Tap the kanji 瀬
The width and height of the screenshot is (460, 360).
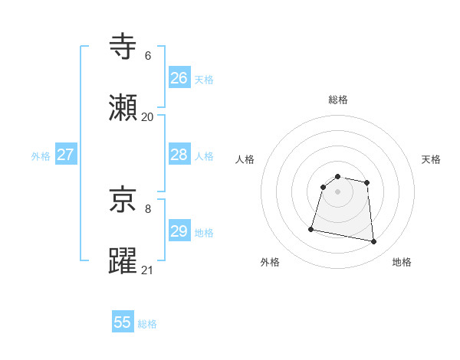pos(123,108)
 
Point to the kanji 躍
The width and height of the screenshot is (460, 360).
pos(123,260)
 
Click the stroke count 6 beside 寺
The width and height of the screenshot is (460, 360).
pos(148,56)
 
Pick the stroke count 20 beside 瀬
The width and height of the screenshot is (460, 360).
pos(147,116)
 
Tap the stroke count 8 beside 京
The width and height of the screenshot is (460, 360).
pos(148,208)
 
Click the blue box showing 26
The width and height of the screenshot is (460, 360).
pos(179,78)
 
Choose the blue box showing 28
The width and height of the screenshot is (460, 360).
pos(179,155)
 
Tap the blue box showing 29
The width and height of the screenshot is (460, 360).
pos(179,231)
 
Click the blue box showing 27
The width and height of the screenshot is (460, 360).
pos(65,155)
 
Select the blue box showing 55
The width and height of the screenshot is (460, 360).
pos(123,322)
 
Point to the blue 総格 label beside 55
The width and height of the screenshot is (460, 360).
pos(147,324)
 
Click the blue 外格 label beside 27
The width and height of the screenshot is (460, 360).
pos(41,156)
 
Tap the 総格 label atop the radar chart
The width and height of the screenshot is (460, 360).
pos(338,100)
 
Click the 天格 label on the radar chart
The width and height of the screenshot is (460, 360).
pos(431,159)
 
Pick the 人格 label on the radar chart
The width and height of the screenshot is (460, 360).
pos(245,159)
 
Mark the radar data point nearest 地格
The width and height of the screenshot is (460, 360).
pos(374,242)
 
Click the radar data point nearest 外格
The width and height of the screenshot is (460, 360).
pos(311,228)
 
